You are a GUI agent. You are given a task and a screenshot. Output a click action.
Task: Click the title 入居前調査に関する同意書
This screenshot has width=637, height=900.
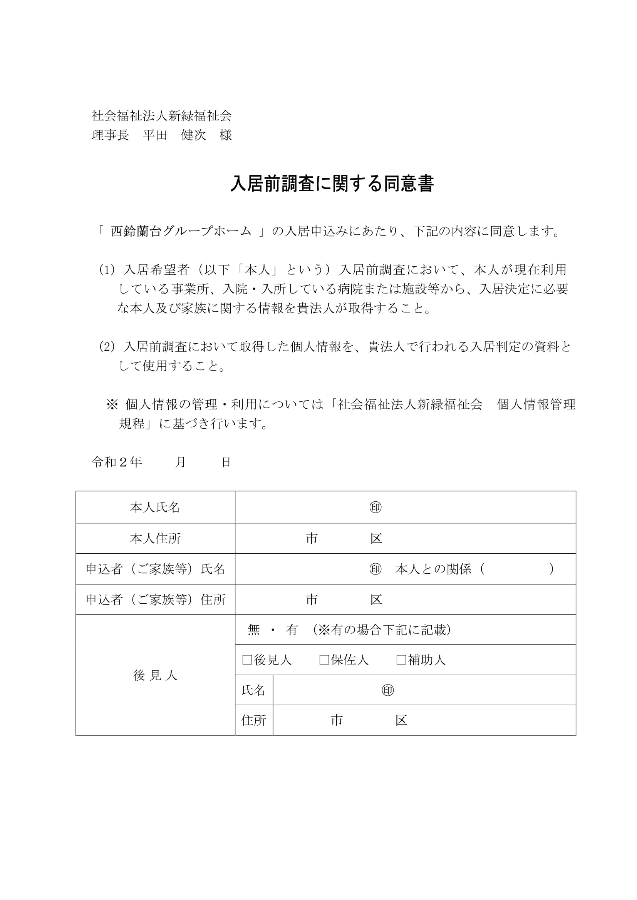point(332,184)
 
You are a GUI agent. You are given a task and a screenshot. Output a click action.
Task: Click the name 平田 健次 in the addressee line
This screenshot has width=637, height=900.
point(174,135)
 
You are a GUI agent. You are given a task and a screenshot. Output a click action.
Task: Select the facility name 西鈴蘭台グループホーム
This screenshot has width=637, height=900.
point(181,231)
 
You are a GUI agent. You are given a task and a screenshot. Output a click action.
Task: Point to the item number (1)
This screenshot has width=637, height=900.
point(107,270)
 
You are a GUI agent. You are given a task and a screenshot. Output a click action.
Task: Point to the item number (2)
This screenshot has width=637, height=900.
point(107,347)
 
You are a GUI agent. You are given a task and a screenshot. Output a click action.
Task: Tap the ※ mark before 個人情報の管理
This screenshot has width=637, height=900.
point(112,404)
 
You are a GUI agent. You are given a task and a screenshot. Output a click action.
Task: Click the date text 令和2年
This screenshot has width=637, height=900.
point(116,462)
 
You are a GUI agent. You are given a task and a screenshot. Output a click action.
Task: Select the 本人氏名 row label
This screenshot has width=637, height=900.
point(155,508)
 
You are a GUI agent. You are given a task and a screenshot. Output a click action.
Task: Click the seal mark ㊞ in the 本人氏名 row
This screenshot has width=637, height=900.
point(375,508)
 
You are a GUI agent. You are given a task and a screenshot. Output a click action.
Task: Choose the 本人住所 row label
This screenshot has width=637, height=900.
point(155,539)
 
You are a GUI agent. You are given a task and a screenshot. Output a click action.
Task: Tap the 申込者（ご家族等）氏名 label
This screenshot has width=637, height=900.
point(155,569)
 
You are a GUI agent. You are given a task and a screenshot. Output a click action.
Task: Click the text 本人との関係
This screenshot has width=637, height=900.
point(433,569)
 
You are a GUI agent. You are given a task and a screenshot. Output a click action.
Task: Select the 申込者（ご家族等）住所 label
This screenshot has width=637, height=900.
point(155,600)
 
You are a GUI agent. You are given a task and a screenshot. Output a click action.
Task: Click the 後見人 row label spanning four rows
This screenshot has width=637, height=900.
point(155,675)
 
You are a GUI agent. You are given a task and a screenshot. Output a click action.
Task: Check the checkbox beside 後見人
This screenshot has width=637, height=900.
point(247,660)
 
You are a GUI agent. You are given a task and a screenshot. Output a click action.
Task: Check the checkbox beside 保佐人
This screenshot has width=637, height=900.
point(324,660)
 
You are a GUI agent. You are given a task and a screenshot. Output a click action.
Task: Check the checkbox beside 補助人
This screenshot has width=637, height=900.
point(401,660)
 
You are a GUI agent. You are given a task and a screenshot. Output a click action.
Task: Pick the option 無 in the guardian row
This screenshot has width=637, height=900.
point(254,630)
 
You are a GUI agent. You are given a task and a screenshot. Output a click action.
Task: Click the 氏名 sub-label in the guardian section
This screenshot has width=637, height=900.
point(254,690)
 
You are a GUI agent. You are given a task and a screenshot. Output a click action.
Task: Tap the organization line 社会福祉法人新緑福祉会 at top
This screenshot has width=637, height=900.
point(162,116)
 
